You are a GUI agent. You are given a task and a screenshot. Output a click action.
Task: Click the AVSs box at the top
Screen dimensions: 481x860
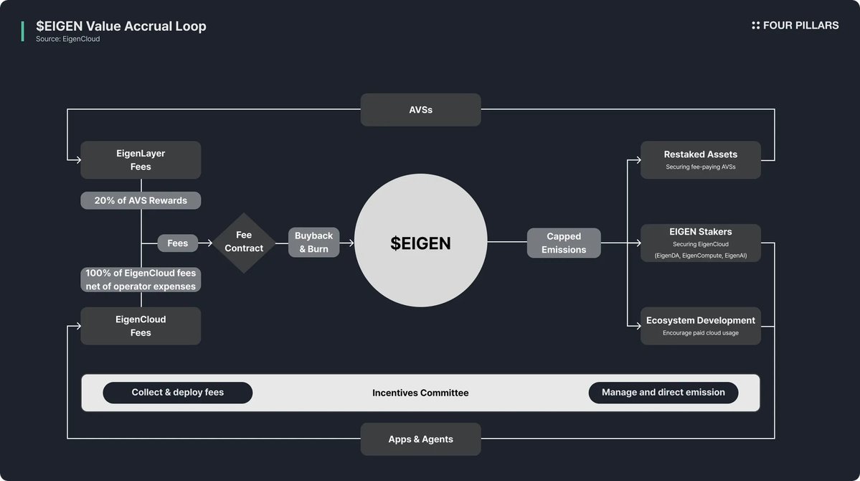(x=420, y=110)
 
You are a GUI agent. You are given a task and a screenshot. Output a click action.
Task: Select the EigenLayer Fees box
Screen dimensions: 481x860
(x=141, y=160)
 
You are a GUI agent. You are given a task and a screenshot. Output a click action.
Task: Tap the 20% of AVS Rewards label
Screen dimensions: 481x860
(x=141, y=200)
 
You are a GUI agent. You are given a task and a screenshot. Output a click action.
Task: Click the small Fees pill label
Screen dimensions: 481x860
(x=177, y=243)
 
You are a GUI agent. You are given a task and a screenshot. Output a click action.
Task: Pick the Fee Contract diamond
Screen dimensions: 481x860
(x=244, y=243)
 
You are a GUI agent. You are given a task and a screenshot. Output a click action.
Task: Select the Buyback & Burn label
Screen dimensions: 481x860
(x=313, y=243)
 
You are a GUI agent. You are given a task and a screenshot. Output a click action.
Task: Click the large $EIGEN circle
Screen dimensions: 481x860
(x=420, y=243)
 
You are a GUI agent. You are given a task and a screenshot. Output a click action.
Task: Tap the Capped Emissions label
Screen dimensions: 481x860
(x=564, y=243)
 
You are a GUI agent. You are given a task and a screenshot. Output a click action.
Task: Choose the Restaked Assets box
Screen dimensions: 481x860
(x=700, y=159)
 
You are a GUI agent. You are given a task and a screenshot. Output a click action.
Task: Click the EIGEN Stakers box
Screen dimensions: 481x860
(x=700, y=243)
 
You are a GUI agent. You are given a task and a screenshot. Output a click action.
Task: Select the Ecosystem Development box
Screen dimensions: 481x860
(x=700, y=325)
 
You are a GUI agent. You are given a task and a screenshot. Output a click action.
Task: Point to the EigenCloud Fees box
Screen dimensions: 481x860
(x=141, y=326)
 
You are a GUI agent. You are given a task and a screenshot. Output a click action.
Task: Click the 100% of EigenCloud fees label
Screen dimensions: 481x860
(x=141, y=279)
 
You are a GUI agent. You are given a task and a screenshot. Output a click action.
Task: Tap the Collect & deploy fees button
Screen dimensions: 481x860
(x=177, y=393)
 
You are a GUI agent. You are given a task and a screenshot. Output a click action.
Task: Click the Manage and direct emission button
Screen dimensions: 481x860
(x=663, y=393)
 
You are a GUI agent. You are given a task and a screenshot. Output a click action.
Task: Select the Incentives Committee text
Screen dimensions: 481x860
(x=420, y=393)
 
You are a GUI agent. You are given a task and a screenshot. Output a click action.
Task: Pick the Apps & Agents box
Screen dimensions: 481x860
(x=420, y=439)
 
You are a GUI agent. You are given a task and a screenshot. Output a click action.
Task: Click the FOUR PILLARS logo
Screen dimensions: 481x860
(x=795, y=25)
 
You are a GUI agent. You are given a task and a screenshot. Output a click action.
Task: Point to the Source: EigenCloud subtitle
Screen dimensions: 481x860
(x=68, y=39)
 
